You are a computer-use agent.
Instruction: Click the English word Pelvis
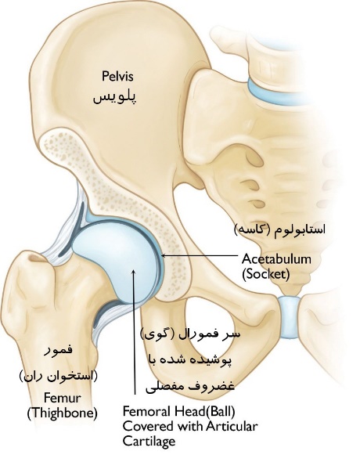(117, 76)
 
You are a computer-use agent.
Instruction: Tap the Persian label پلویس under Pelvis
(115, 97)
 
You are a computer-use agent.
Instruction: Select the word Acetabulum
(276, 259)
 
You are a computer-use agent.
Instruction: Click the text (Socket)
(266, 274)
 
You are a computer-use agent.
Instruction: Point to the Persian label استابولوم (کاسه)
(280, 229)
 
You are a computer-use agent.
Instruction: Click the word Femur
(62, 398)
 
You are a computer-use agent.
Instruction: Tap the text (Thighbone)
(62, 413)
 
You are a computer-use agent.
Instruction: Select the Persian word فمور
(58, 351)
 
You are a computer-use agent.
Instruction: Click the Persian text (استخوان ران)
(58, 376)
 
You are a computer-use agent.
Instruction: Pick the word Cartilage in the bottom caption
(149, 442)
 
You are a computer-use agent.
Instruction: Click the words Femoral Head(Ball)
(179, 411)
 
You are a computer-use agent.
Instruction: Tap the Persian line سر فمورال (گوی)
(190, 334)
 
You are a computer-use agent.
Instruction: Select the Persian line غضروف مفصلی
(190, 386)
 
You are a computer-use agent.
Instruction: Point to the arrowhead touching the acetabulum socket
(164, 255)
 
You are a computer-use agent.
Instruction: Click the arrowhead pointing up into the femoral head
(134, 272)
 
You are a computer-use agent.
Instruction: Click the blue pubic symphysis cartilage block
(289, 317)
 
